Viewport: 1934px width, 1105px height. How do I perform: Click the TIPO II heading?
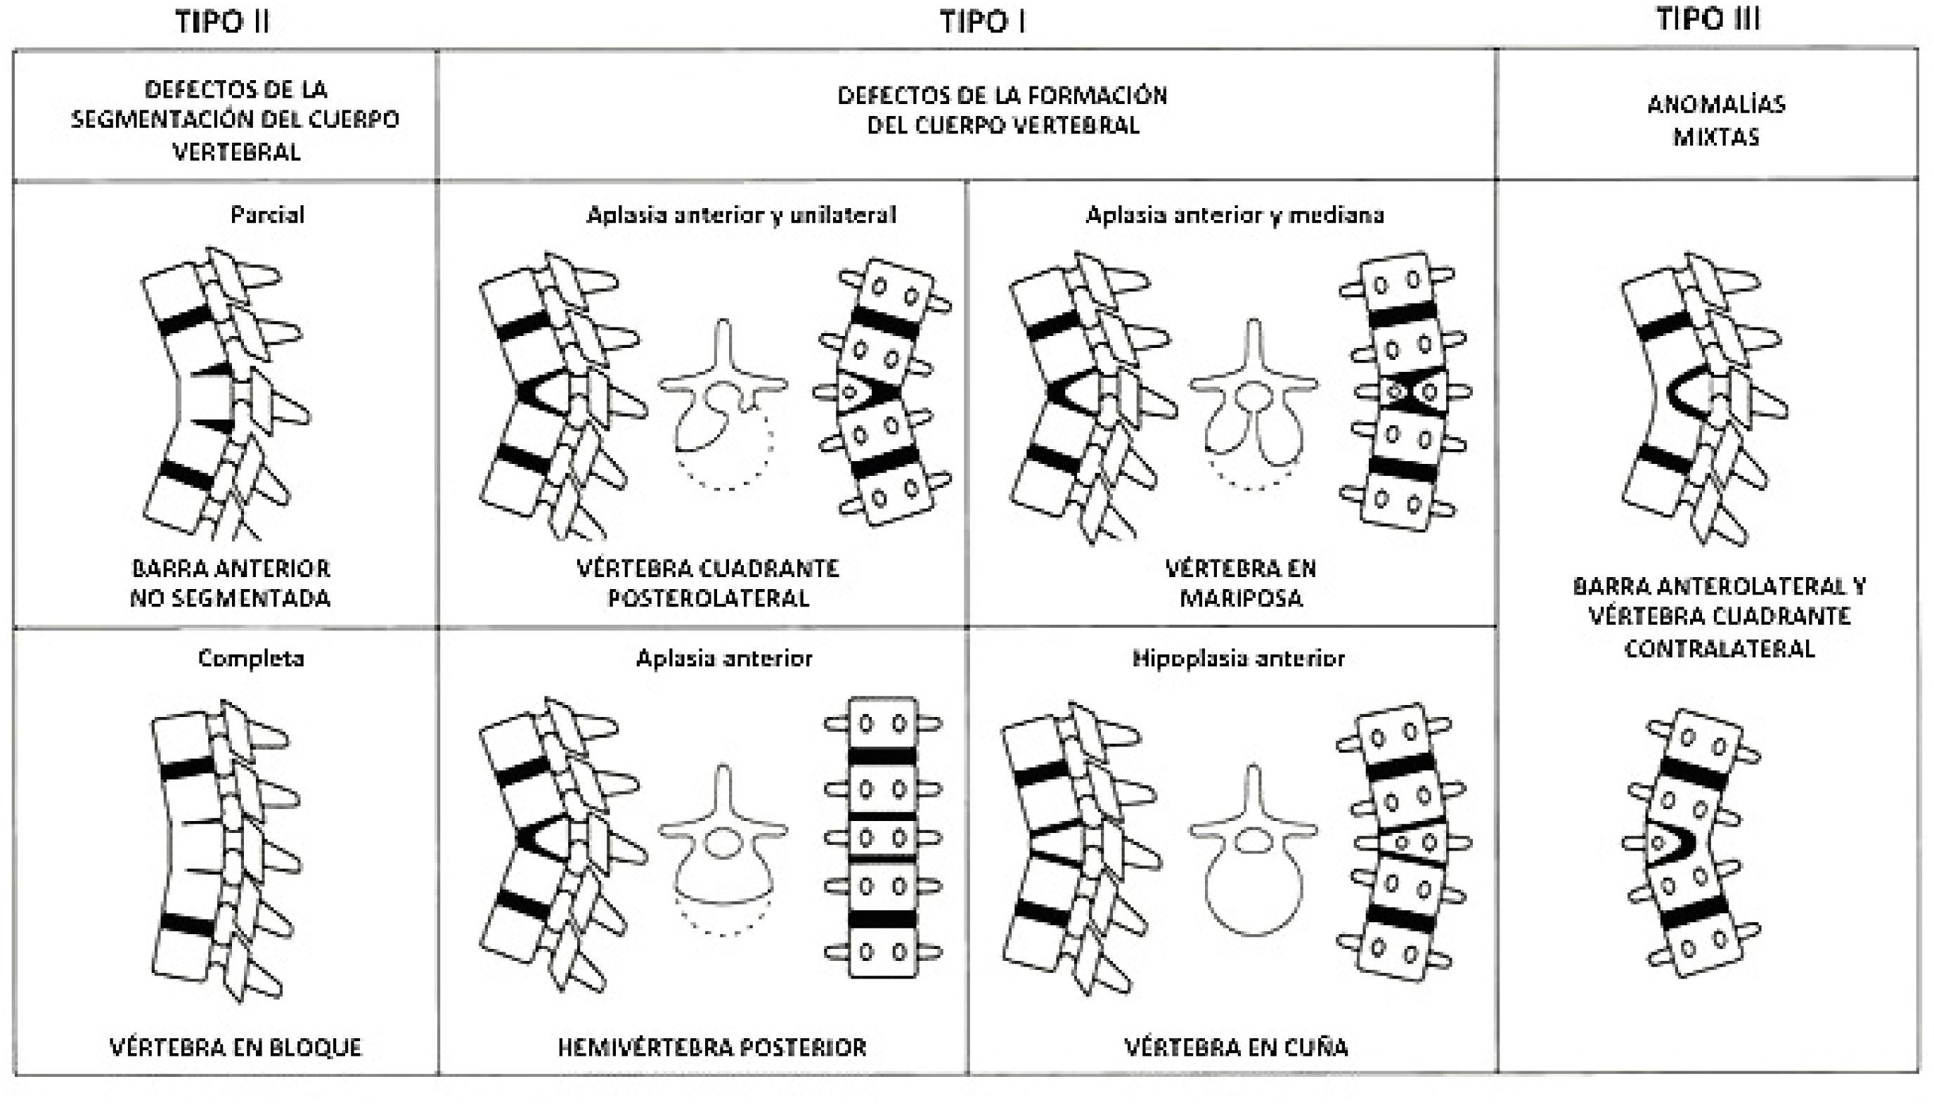pos(222,22)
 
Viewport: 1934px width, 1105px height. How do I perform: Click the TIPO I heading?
pos(983,22)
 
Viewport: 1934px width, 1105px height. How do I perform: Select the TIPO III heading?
pos(1708,19)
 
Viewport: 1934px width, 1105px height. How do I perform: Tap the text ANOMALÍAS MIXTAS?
pos(1716,120)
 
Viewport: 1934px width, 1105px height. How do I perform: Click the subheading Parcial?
pos(267,215)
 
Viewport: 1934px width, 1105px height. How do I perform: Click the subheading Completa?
pos(251,658)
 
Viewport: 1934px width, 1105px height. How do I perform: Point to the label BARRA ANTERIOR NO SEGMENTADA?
pos(231,583)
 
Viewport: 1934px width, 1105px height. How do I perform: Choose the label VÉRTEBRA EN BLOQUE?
pos(236,1047)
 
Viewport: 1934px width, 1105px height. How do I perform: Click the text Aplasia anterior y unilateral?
pos(741,215)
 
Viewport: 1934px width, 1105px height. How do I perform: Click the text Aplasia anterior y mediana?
pos(1235,215)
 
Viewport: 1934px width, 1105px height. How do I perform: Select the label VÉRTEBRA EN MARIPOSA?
pos(1241,583)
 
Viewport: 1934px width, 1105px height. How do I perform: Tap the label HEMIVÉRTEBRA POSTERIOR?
pos(712,1047)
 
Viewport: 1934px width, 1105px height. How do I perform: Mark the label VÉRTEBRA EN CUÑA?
pos(1236,1047)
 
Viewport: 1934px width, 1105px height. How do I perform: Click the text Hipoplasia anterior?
pos(1239,658)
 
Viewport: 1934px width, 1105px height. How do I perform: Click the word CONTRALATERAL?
pos(1719,649)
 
